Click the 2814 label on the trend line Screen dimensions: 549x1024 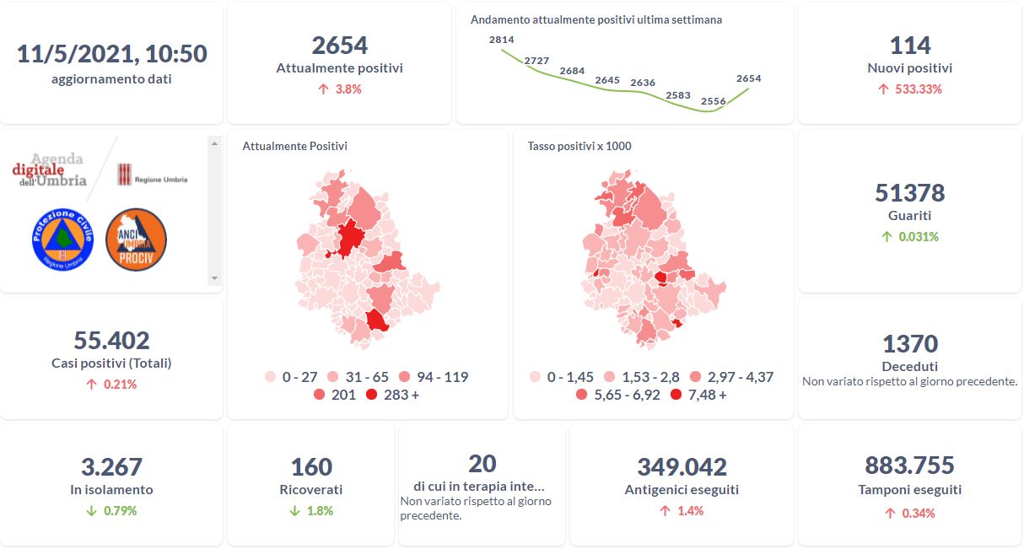point(501,40)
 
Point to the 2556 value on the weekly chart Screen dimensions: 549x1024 point(713,101)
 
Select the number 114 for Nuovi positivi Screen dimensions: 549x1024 point(909,46)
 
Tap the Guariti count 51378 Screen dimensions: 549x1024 point(909,193)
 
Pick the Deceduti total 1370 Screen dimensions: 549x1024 point(909,344)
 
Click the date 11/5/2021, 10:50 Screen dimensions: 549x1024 point(112,54)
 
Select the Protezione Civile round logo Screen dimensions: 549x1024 point(60,240)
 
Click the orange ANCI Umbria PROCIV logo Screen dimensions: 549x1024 point(136,240)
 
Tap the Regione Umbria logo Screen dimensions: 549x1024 point(153,175)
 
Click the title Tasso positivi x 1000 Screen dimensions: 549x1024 point(579,146)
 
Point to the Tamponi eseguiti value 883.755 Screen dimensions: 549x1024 point(909,466)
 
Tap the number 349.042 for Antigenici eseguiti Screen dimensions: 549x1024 point(682,466)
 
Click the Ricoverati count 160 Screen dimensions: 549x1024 point(310,466)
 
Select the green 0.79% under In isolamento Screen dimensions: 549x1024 point(119,510)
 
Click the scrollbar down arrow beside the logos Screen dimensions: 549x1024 point(214,277)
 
